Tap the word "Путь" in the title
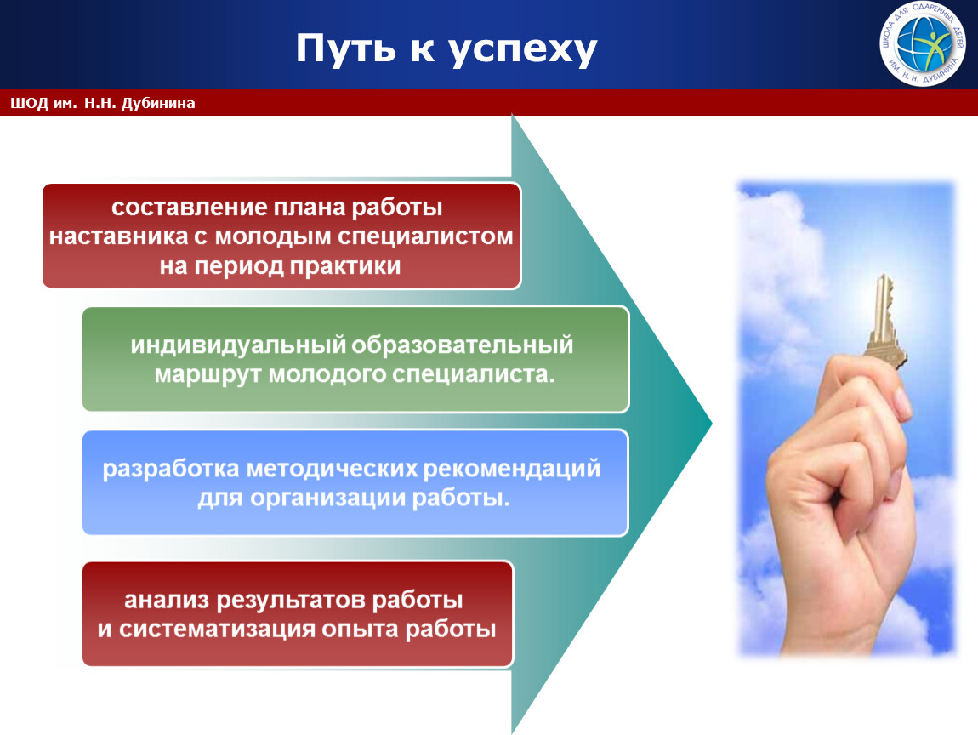click(x=345, y=48)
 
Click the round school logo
click(x=923, y=43)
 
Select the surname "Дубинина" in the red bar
click(x=158, y=103)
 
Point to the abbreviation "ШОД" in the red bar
click(x=29, y=103)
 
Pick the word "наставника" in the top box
click(x=118, y=236)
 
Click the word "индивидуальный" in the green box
click(x=238, y=345)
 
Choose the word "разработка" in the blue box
click(x=171, y=469)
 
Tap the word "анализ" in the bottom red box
click(x=167, y=600)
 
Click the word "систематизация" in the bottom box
click(x=217, y=629)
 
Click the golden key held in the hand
click(x=884, y=323)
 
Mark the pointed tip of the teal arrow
click(x=712, y=424)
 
